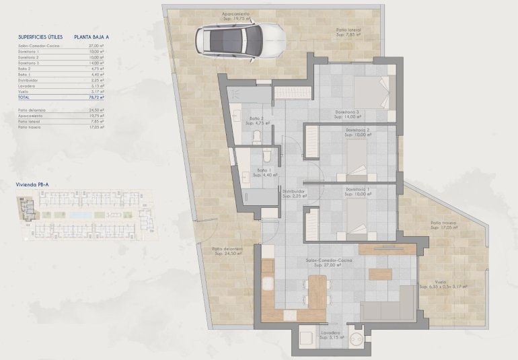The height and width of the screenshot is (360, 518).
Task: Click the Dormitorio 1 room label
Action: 359,190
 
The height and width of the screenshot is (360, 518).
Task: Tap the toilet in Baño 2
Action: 256,137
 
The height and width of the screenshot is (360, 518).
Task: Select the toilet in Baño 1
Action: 267,156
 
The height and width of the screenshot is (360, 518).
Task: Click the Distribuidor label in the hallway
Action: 294,193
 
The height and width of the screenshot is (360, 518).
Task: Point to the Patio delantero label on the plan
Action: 229,251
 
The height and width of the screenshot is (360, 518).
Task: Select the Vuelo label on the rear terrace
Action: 441,283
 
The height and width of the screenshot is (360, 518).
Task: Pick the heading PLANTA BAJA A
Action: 93,38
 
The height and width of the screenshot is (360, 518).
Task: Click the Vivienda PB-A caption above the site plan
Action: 32,184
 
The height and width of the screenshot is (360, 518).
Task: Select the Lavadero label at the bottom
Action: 330,334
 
